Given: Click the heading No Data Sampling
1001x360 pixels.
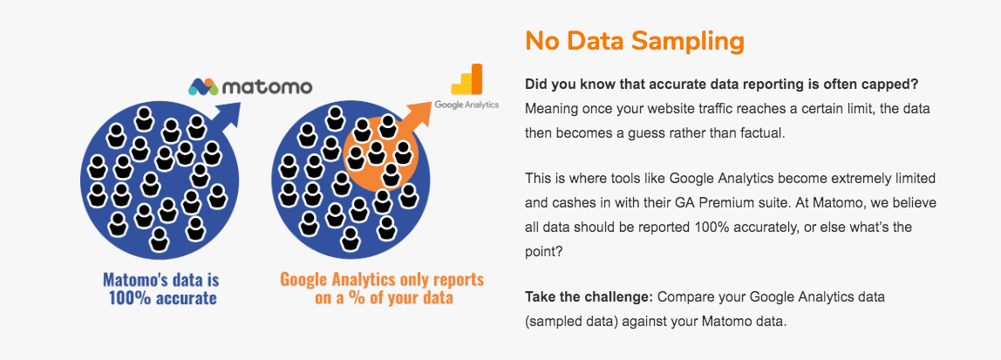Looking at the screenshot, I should pyautogui.click(x=634, y=41).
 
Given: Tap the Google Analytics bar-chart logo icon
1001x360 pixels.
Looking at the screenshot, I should pyautogui.click(x=466, y=79).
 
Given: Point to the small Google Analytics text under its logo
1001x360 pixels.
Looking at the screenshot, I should pyautogui.click(x=466, y=105).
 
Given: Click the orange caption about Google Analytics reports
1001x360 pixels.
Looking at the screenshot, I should pyautogui.click(x=381, y=289).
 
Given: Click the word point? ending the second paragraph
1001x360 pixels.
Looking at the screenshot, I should pyautogui.click(x=542, y=250).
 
